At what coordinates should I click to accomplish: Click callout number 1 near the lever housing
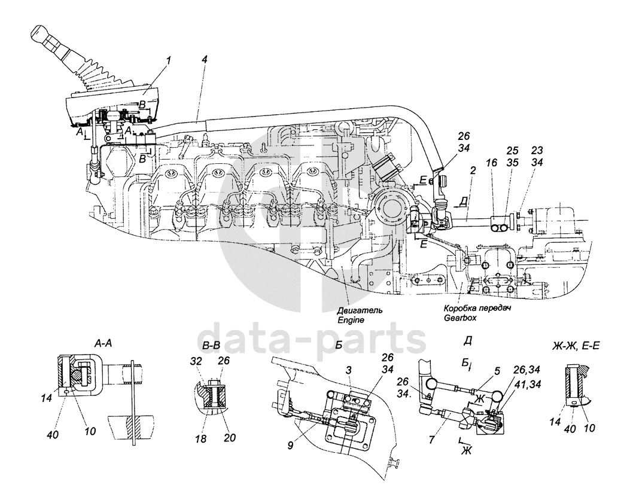pos(169,60)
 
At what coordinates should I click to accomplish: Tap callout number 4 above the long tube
pos(204,60)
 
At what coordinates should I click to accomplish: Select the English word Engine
pos(351,319)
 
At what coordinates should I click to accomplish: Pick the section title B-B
pos(211,346)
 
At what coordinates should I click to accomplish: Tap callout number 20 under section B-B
pos(230,438)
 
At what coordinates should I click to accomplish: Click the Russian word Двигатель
pos(360,310)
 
